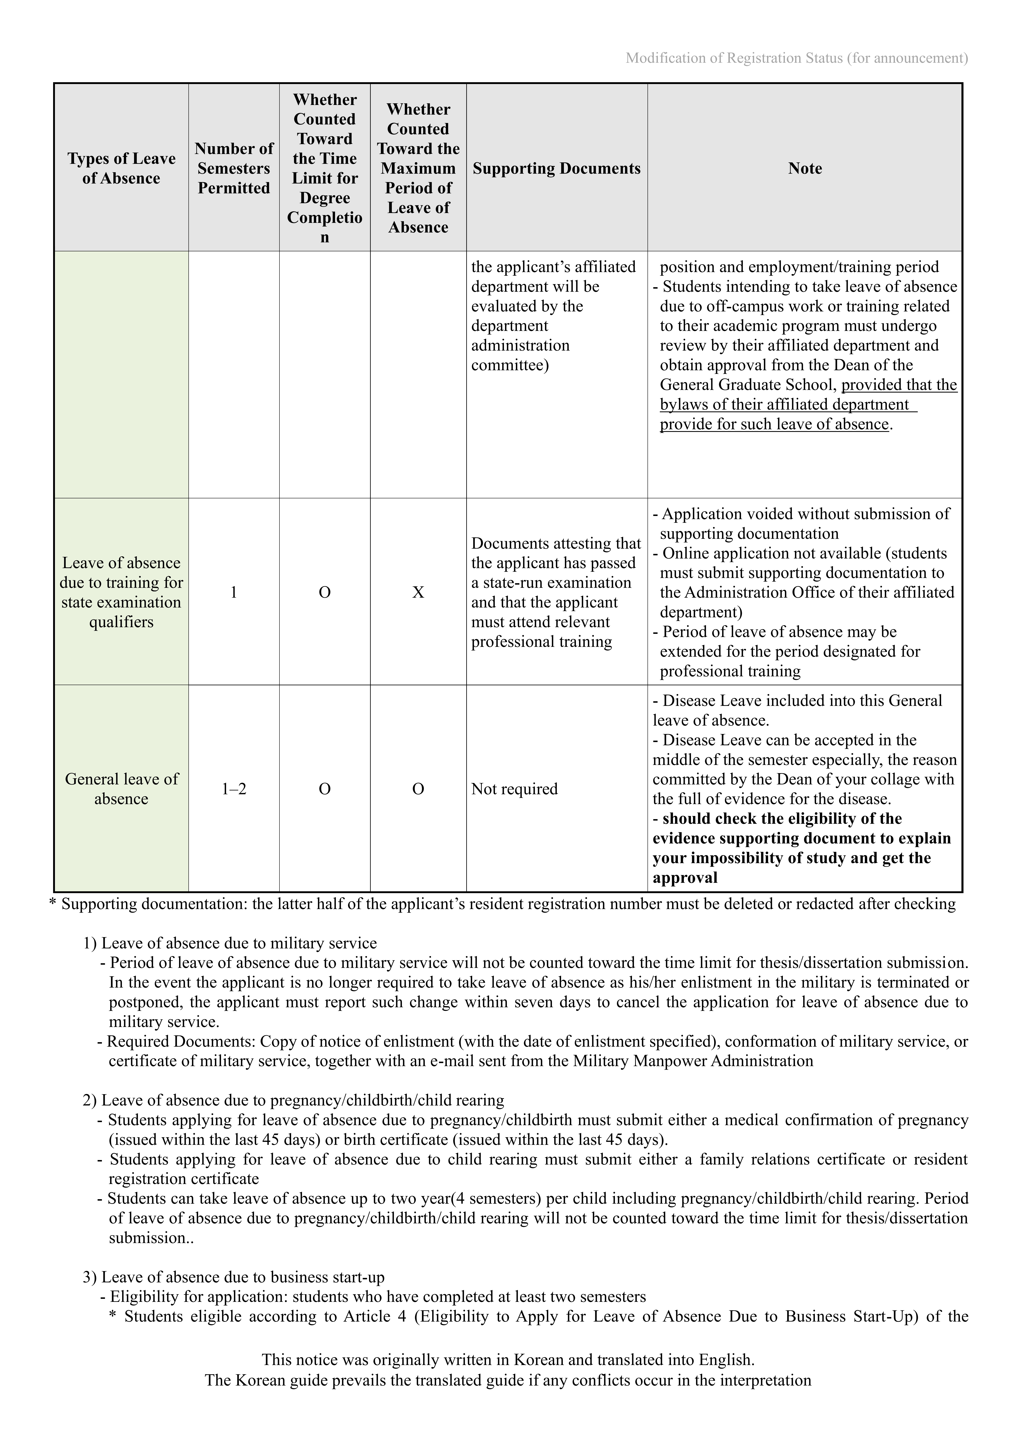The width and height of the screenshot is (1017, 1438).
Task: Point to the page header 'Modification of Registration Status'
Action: click(796, 58)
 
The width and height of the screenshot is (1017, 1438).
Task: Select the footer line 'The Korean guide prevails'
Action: click(507, 1380)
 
